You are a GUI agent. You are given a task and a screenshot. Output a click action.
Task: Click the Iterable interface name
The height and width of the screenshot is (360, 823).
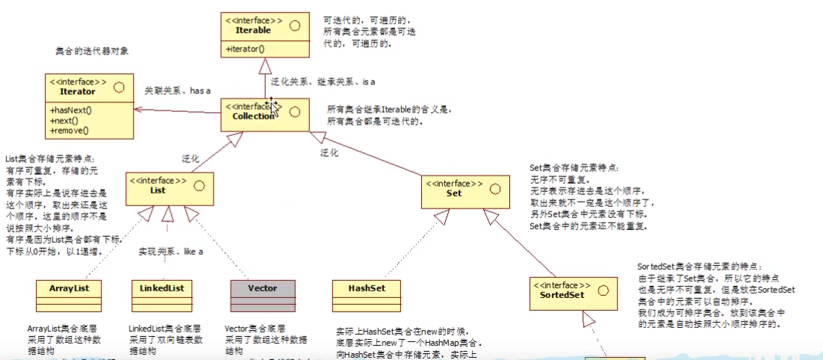(x=253, y=31)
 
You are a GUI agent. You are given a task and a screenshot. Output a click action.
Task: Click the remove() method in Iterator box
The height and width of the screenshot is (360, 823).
(x=69, y=130)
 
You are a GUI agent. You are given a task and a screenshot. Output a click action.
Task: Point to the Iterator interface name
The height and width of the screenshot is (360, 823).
(x=78, y=91)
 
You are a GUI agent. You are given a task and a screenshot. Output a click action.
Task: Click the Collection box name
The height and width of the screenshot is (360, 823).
(x=249, y=117)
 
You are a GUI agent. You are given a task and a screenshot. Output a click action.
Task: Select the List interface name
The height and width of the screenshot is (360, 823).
(x=158, y=190)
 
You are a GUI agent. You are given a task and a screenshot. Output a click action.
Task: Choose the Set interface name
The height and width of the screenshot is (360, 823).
(x=453, y=193)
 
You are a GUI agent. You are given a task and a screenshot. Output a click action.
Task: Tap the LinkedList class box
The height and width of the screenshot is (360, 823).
(x=161, y=294)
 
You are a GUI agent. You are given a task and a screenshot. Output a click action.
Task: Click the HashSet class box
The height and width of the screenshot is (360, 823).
(x=366, y=294)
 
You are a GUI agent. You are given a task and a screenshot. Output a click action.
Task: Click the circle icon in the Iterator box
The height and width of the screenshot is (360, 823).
(x=119, y=86)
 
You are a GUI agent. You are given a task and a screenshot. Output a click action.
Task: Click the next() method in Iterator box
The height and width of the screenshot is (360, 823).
(x=65, y=120)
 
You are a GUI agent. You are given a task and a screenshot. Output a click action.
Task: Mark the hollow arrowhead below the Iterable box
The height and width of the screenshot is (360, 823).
(x=264, y=66)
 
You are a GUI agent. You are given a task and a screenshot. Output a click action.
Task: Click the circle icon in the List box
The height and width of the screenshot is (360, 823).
(x=198, y=185)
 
